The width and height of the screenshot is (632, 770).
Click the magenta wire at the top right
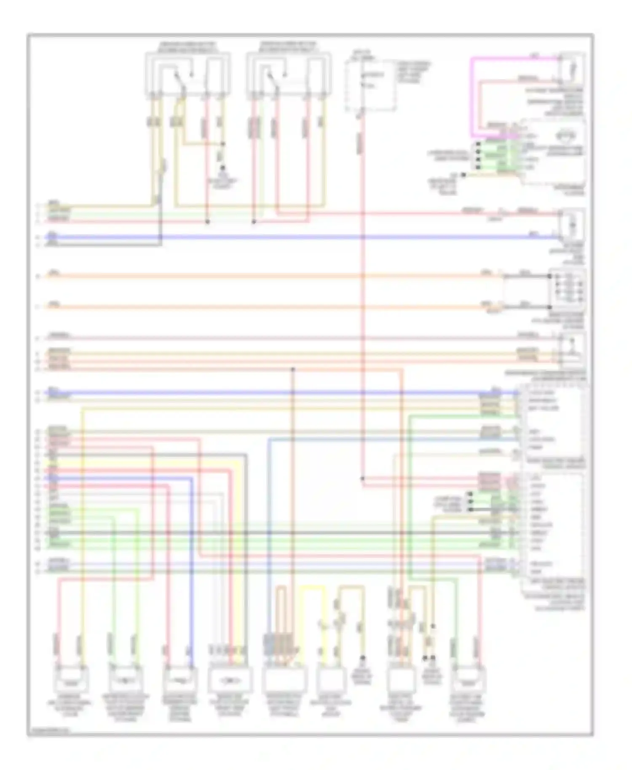pos(472,97)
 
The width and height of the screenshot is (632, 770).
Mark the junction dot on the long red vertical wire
pos(362,479)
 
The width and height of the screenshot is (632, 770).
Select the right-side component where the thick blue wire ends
pos(571,225)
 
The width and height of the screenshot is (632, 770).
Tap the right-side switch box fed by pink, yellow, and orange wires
pos(571,350)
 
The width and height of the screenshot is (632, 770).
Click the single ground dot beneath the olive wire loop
pos(363,657)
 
